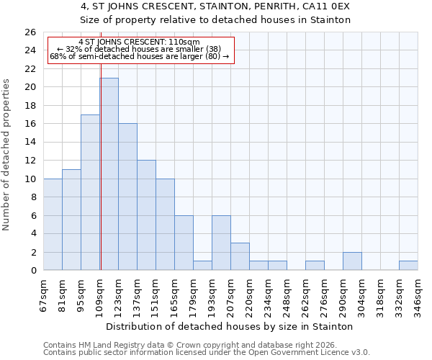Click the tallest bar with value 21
[109, 174]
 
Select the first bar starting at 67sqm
[53, 225]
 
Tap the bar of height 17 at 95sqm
[90, 192]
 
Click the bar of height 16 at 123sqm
[127, 197]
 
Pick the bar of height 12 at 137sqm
[146, 215]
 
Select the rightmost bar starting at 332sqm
[408, 266]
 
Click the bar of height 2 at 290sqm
[352, 261]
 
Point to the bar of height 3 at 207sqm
[240, 257]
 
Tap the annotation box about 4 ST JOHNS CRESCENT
[140, 49]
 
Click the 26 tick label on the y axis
[30, 32]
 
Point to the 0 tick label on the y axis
[33, 271]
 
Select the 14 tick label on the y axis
[30, 143]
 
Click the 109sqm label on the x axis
[99, 292]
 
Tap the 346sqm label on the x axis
[418, 292]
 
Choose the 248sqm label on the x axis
[287, 292]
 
